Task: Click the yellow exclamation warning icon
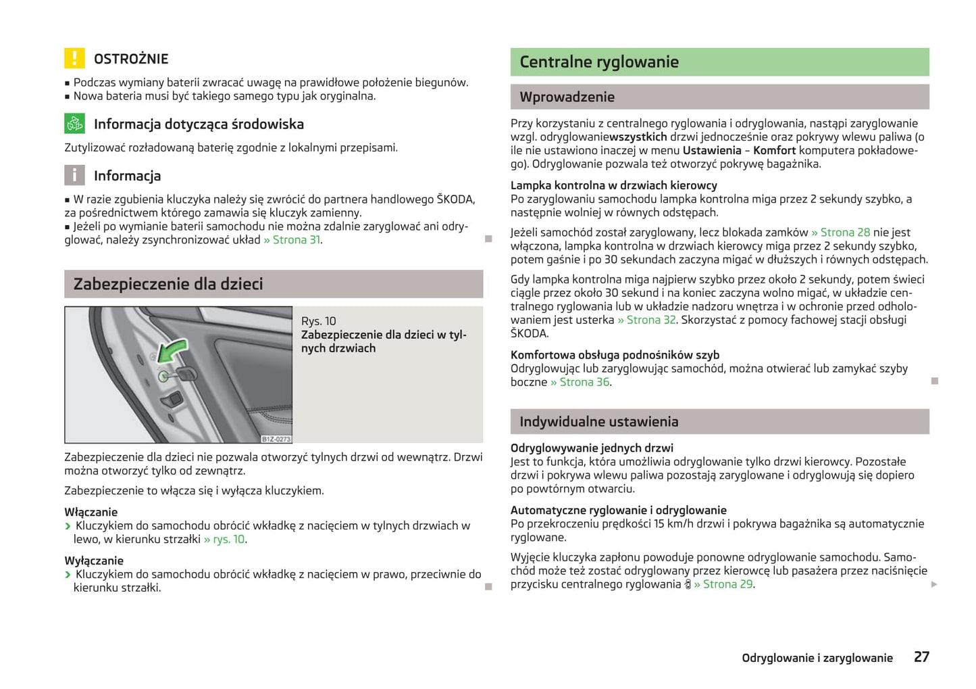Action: pos(74,58)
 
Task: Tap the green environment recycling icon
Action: pos(74,124)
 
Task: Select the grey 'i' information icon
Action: pos(74,175)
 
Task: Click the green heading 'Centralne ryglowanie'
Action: pos(598,62)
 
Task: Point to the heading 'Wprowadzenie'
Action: pos(567,97)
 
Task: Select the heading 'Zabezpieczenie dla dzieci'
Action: pos(168,284)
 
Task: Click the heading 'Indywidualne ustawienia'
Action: pos(598,422)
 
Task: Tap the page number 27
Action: pos(921,657)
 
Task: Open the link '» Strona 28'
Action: pos(840,233)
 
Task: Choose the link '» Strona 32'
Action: pos(646,320)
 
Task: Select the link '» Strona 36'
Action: pos(580,382)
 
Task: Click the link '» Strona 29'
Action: pos(723,584)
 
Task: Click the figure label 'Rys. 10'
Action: pos(318,321)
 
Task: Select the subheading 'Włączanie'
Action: pos(91,513)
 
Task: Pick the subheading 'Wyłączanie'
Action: pos(94,561)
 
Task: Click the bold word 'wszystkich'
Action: pos(638,137)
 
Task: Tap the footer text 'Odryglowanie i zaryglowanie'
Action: pos(817,658)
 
